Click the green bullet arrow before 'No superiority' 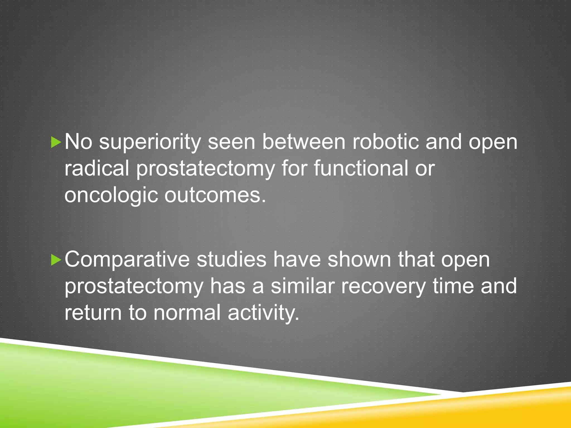point(56,142)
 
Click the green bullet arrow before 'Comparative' point(56,260)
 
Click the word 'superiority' point(150,142)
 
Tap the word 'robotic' point(386,142)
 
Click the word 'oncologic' point(111,195)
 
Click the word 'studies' point(231,259)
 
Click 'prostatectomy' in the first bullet point(205,169)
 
